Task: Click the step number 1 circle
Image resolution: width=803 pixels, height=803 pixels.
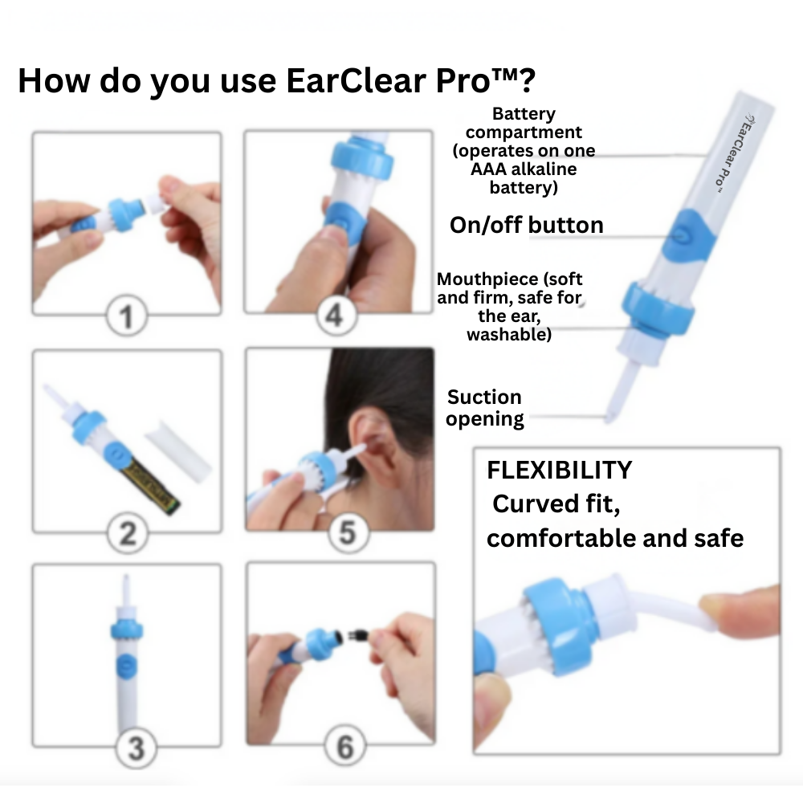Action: tap(126, 317)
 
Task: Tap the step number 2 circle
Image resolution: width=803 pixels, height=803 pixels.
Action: tap(126, 532)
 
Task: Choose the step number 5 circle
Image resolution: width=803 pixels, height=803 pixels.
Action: tap(347, 532)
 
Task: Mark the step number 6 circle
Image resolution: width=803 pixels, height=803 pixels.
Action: tap(344, 748)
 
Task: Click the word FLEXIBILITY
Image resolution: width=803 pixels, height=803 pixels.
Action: tap(559, 470)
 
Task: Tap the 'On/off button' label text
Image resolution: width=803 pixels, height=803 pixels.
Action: tap(526, 225)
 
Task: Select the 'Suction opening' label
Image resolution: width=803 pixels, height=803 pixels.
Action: tap(484, 408)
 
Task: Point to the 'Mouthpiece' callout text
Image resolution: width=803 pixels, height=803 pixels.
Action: tap(509, 307)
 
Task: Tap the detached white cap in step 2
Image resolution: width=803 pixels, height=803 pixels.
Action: tap(178, 450)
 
